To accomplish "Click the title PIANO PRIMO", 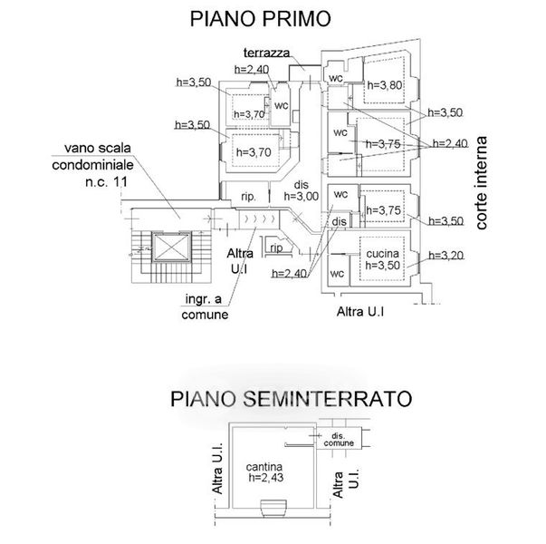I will pyautogui.click(x=258, y=18).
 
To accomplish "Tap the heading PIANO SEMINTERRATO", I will pyautogui.click(x=290, y=399).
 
